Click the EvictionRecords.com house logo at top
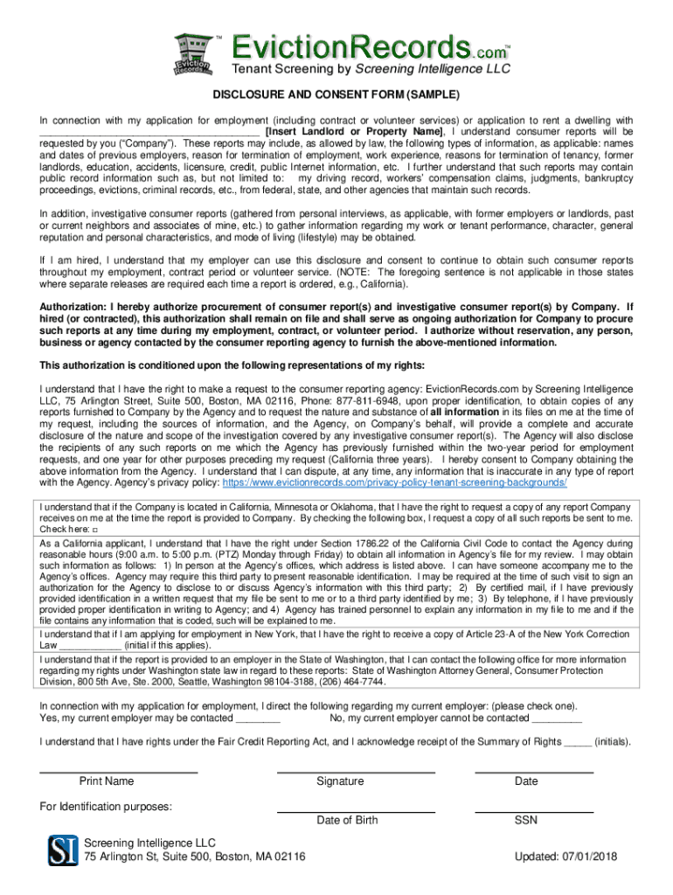192,54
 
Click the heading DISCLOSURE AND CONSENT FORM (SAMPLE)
336,95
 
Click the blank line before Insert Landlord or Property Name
149,132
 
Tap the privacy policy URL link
395,482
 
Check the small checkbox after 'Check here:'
94,530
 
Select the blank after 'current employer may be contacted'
258,718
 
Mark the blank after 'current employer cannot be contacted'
557,718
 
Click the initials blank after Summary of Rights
578,742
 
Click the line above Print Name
119,773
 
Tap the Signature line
356,773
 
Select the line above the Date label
533,773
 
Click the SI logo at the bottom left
64,850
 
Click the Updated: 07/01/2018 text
565,857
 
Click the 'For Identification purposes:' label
106,806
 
